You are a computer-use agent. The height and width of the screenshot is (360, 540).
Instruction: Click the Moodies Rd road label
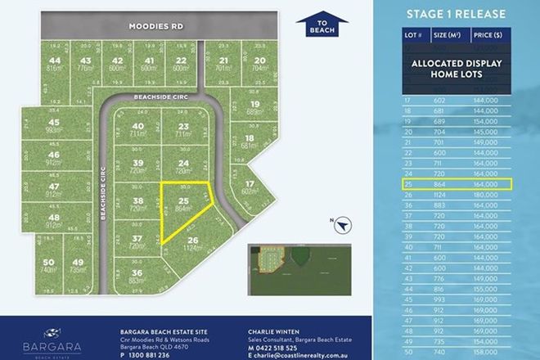point(155,26)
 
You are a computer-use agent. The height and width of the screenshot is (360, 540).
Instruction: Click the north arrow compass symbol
point(343,223)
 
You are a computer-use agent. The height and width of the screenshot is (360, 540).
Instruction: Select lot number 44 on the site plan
point(55,61)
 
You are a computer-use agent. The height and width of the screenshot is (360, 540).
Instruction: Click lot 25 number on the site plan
point(184,200)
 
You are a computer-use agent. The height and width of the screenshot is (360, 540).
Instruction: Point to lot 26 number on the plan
point(193,239)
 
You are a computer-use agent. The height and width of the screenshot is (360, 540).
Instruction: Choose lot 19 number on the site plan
point(254,104)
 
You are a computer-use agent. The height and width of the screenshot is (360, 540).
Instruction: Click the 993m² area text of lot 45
point(55,129)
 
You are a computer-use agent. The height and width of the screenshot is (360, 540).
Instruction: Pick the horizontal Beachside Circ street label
point(157,97)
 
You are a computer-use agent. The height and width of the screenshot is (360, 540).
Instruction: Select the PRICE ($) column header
point(493,37)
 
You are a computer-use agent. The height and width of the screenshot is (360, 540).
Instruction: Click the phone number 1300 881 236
point(151,354)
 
